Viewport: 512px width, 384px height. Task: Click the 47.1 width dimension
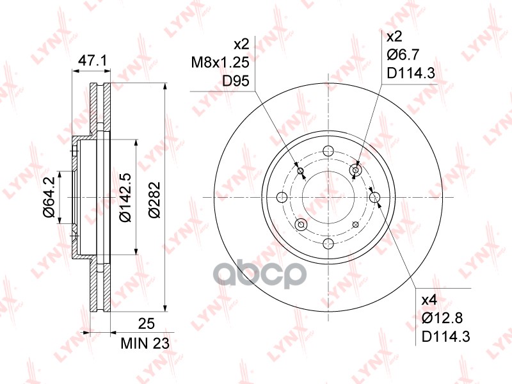click(x=92, y=61)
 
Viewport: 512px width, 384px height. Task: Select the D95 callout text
click(x=235, y=81)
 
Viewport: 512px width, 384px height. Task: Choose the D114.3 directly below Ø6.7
click(x=411, y=74)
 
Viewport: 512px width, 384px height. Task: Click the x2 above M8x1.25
click(x=241, y=44)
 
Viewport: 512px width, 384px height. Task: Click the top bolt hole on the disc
click(x=328, y=151)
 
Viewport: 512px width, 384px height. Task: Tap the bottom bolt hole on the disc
click(x=328, y=243)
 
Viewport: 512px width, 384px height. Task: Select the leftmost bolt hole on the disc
click(x=282, y=197)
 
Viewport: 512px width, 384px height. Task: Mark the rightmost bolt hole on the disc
click(x=374, y=197)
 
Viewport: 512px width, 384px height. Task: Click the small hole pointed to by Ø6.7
click(x=357, y=170)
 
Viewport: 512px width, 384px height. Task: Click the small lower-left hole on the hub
click(x=301, y=224)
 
